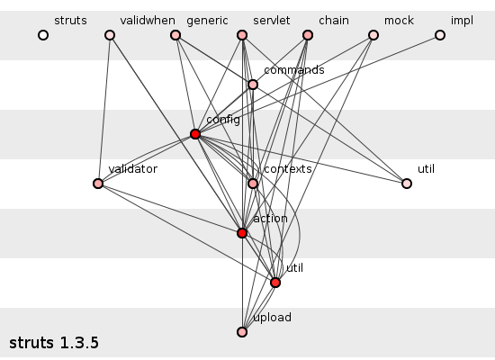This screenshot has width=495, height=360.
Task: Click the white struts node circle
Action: [43, 35]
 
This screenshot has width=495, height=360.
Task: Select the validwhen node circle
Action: [110, 35]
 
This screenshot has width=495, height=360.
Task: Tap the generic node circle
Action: [175, 35]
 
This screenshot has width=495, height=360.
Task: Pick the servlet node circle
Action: [242, 35]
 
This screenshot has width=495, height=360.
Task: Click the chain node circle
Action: [308, 35]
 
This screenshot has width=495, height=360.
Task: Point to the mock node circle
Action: [373, 35]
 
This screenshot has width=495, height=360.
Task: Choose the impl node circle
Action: [440, 35]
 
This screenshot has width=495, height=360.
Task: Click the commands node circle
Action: [253, 85]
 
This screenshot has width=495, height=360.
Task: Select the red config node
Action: [195, 134]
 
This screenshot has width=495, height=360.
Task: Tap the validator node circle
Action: [98, 184]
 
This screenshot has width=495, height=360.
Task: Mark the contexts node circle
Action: [253, 184]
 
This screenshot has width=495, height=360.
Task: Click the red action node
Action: [242, 233]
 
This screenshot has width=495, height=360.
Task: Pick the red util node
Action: [275, 283]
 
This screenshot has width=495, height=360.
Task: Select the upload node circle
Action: [242, 332]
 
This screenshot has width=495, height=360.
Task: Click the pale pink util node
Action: [407, 184]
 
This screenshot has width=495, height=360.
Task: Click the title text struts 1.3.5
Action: [54, 343]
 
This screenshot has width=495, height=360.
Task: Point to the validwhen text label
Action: [148, 21]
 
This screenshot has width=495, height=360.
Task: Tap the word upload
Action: [272, 318]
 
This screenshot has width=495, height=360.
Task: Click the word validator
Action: [133, 169]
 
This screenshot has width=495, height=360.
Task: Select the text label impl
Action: [463, 21]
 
